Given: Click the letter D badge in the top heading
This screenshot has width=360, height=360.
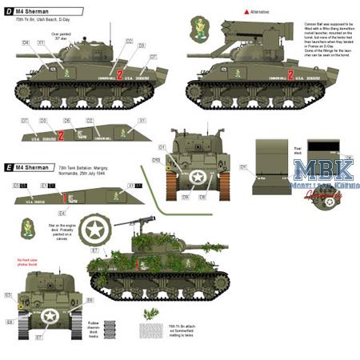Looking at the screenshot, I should click(x=7, y=9).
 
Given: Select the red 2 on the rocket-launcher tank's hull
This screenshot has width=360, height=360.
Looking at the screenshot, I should click(x=291, y=76).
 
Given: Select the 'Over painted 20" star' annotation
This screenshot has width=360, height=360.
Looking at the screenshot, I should click(x=62, y=37).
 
